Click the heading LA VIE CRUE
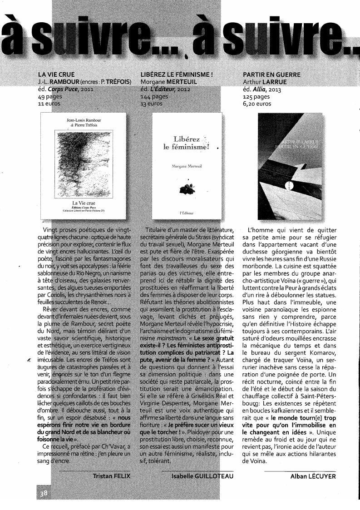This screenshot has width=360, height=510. pos(56,74)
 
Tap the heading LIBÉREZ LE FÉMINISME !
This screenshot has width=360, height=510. pos(177,74)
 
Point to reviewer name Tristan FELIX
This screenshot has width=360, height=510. pos(111,476)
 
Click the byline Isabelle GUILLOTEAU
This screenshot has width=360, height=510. pos(202,476)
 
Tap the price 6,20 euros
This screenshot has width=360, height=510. pos(256,104)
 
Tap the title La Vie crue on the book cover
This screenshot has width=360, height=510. pos(84,203)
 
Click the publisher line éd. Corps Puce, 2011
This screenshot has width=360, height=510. pos(66,89)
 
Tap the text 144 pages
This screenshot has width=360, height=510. pos(154,97)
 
